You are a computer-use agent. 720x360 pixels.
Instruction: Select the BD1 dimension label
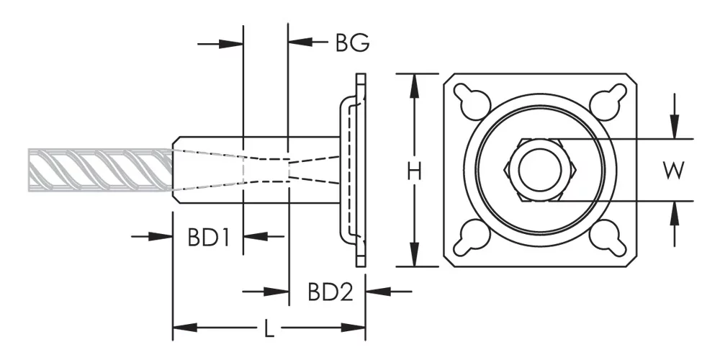pyautogui.click(x=208, y=238)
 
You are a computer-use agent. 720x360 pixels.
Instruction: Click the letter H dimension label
pyautogui.click(x=415, y=172)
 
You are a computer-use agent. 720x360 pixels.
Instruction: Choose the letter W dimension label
pyautogui.click(x=674, y=171)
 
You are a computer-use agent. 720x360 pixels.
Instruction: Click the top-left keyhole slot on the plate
pyautogui.click(x=472, y=101)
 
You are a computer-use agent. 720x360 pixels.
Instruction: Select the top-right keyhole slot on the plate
pyautogui.click(x=608, y=101)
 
